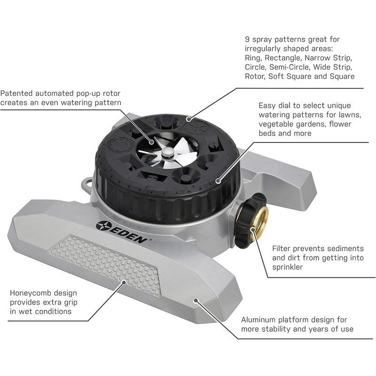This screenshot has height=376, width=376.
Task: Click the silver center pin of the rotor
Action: point(167,152)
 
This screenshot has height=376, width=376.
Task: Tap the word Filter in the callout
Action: point(281,249)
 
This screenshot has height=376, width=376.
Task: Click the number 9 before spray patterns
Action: point(247,39)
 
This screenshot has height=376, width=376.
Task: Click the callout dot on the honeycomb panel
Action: point(124,282)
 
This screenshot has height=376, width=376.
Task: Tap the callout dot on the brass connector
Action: point(252,229)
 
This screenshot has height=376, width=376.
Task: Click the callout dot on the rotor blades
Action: point(151,142)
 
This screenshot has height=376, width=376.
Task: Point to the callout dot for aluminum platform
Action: point(196,300)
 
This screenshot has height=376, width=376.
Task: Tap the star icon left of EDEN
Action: point(103,226)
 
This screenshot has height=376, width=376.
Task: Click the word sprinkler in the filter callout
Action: point(287,267)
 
